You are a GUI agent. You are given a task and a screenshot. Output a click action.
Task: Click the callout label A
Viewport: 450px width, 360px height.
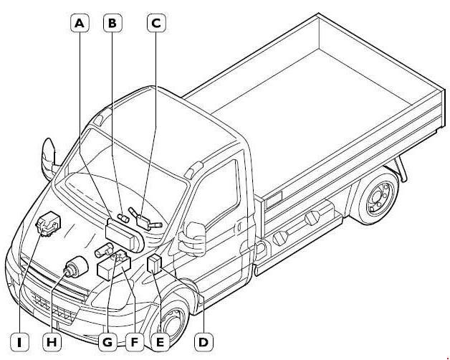(80, 23)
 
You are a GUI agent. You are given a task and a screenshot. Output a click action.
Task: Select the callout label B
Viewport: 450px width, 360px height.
(112, 23)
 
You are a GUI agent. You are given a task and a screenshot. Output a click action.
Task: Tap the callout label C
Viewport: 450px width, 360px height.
(156, 23)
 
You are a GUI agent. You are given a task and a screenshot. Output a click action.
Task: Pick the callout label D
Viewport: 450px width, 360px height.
(204, 342)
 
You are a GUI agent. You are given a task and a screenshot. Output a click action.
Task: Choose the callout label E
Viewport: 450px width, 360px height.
(160, 342)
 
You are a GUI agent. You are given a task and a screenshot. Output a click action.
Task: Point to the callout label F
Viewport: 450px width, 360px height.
(134, 342)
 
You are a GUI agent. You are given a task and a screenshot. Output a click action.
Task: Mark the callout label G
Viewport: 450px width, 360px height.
(107, 342)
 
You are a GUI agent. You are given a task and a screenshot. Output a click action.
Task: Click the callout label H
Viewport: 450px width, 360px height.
(52, 342)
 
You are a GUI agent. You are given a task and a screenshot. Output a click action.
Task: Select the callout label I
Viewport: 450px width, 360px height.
(19, 342)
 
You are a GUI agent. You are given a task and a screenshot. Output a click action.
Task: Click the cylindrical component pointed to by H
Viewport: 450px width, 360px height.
(75, 267)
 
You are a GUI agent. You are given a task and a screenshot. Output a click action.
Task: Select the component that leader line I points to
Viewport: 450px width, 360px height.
(48, 224)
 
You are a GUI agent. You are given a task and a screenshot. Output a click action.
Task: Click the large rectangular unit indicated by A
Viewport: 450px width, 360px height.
(124, 233)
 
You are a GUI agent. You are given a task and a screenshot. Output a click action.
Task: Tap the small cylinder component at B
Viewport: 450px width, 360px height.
(123, 218)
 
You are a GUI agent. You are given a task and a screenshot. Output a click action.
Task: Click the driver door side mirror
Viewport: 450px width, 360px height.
(193, 239)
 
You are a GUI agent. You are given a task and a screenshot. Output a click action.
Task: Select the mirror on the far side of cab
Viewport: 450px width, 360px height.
(49, 157)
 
